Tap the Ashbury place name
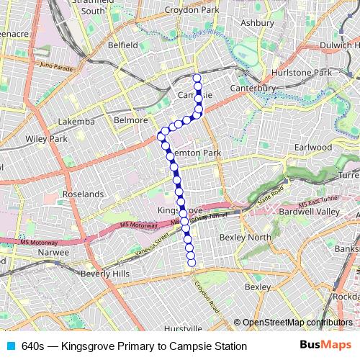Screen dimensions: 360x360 click(258, 23)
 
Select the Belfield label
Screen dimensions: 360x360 click(122, 45)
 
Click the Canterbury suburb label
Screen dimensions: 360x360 click(253, 88)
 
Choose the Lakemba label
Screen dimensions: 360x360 click(76, 122)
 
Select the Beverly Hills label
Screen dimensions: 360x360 click(105, 274)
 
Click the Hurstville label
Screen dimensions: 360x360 click(183, 328)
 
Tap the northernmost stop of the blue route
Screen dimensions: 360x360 click(197, 77)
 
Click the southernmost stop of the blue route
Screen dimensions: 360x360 click(192, 264)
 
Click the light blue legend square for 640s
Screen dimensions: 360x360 click(11, 346)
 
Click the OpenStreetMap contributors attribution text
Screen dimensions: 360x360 click(297, 323)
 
